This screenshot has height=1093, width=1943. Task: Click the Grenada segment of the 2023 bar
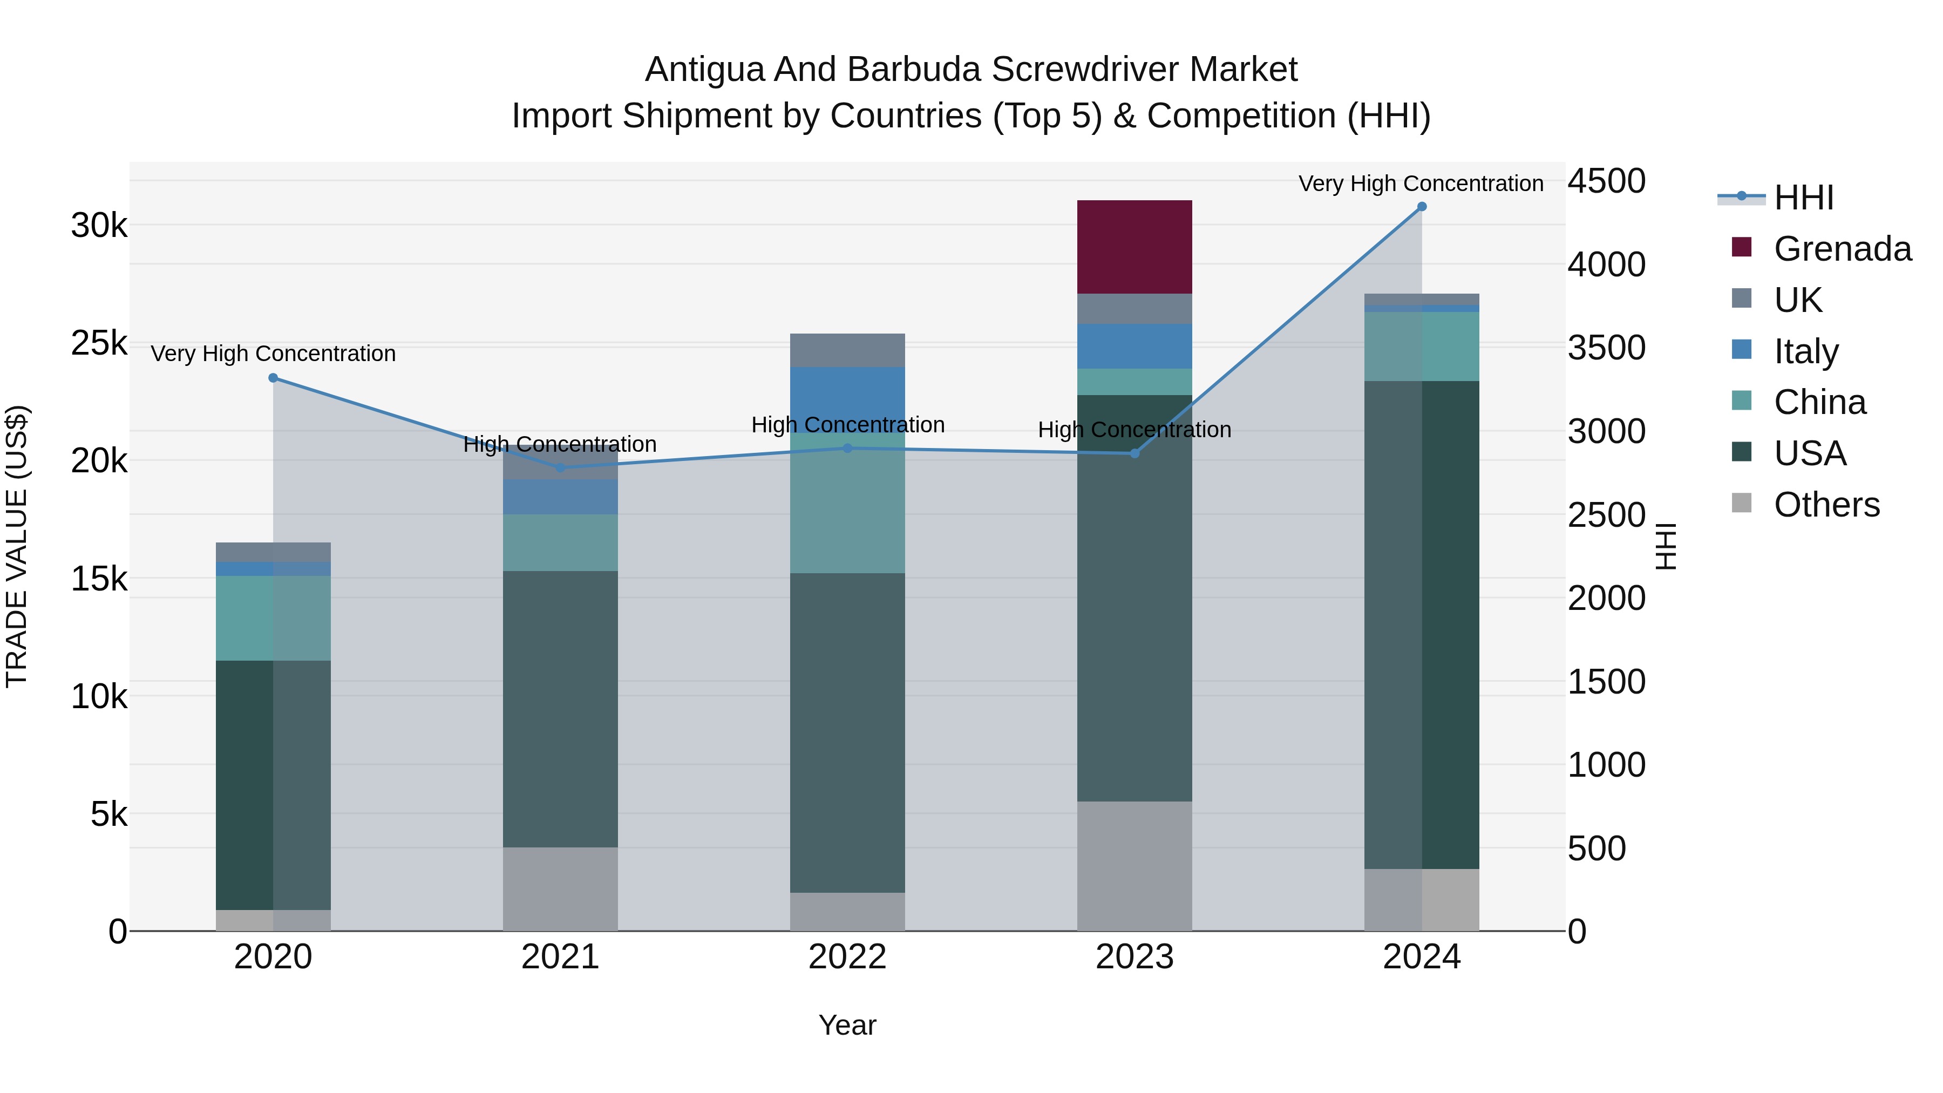click(x=1134, y=247)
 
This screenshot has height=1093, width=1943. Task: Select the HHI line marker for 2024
click(x=1422, y=207)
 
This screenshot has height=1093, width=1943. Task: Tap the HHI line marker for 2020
click(x=273, y=378)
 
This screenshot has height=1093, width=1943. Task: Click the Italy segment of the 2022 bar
click(x=847, y=396)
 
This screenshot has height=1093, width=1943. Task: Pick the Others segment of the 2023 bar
click(x=1134, y=866)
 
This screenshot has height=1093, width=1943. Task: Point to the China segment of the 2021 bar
click(x=560, y=542)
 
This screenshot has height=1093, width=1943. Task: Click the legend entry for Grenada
click(x=1842, y=249)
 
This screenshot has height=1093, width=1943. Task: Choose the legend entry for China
click(x=1819, y=402)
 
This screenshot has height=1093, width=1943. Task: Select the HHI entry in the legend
click(x=1803, y=198)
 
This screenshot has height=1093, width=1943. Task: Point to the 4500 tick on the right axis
click(x=1607, y=181)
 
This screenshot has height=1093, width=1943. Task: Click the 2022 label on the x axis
click(x=847, y=957)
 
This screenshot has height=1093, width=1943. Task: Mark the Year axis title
click(x=847, y=1025)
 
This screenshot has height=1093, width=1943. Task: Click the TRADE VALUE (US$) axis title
click(x=17, y=546)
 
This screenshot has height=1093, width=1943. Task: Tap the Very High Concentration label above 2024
click(x=1421, y=184)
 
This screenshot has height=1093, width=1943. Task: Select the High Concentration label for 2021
click(x=560, y=444)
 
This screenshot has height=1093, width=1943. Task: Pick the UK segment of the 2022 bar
click(x=847, y=350)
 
